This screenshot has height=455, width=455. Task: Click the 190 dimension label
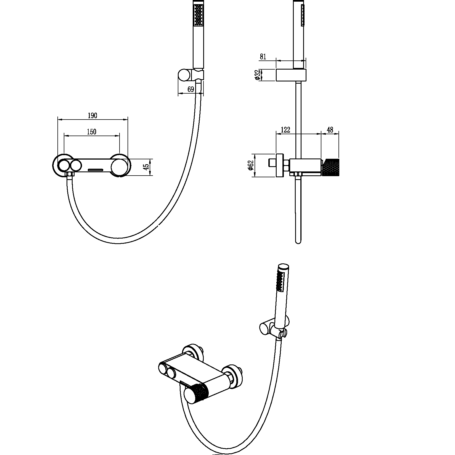[92, 116]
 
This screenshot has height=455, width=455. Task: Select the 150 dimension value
[92, 132]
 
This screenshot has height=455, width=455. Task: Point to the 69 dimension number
[191, 89]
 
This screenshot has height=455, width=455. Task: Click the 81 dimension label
[263, 57]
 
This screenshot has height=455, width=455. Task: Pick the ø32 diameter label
[257, 75]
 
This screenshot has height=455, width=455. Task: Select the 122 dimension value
[285, 130]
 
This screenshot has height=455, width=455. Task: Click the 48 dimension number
[330, 130]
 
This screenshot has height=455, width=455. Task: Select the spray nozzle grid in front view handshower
[199, 15]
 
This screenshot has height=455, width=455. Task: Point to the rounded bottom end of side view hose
[298, 241]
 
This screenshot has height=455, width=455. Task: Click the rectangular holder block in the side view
[291, 75]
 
